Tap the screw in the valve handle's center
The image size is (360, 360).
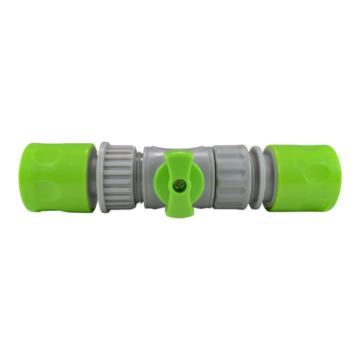point(180,182)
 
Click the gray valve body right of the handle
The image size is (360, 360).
point(202,177)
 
